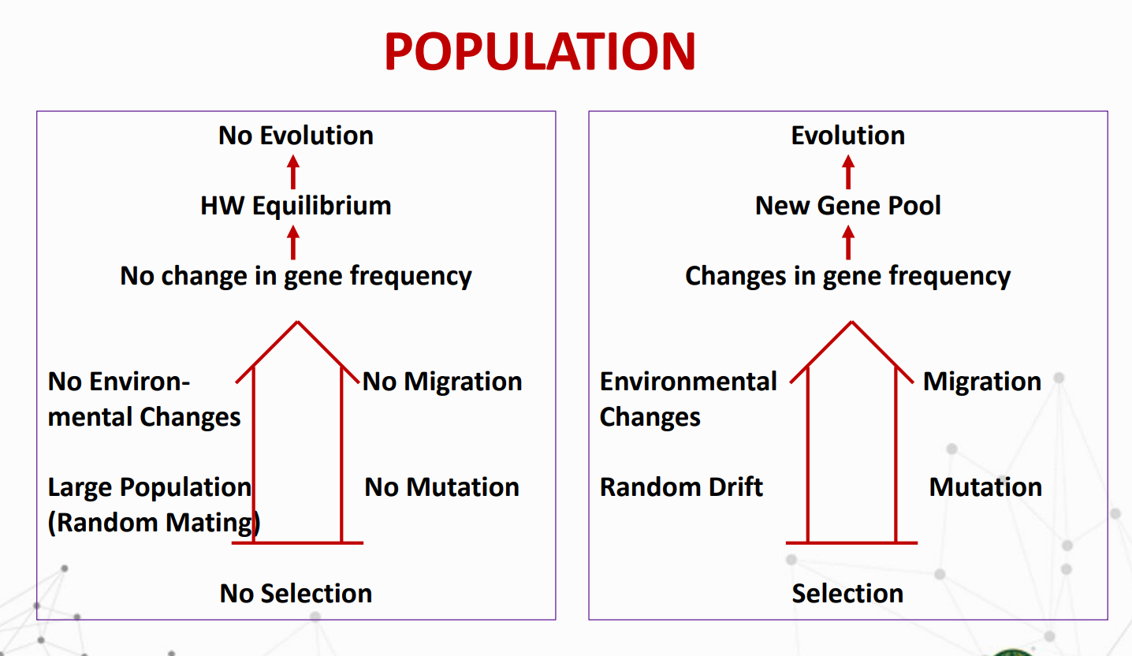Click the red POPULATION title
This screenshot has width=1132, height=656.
click(540, 51)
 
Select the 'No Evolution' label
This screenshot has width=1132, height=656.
click(296, 136)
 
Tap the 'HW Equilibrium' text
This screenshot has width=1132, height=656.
click(296, 206)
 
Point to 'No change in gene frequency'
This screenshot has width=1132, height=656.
click(296, 276)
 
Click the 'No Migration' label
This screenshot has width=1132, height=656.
click(442, 382)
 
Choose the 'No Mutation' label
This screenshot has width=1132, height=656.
click(441, 487)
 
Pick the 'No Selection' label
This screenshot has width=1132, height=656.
click(296, 594)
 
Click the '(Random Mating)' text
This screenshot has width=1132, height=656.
click(155, 523)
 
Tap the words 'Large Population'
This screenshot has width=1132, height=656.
click(150, 488)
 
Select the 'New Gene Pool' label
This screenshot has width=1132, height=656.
click(848, 206)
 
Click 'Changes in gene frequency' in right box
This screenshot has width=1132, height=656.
click(848, 276)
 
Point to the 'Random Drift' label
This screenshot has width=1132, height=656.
click(681, 487)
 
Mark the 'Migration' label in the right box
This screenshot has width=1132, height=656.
click(982, 382)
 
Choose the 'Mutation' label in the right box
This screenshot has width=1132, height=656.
click(985, 487)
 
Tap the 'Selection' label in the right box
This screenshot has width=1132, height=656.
click(847, 594)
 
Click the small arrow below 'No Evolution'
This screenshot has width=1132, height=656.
click(293, 173)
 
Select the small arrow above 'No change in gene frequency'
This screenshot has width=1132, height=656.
click(293, 243)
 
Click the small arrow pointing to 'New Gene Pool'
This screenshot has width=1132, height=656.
click(848, 243)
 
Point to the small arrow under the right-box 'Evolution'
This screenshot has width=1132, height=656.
click(848, 173)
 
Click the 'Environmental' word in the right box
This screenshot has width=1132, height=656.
click(688, 382)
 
